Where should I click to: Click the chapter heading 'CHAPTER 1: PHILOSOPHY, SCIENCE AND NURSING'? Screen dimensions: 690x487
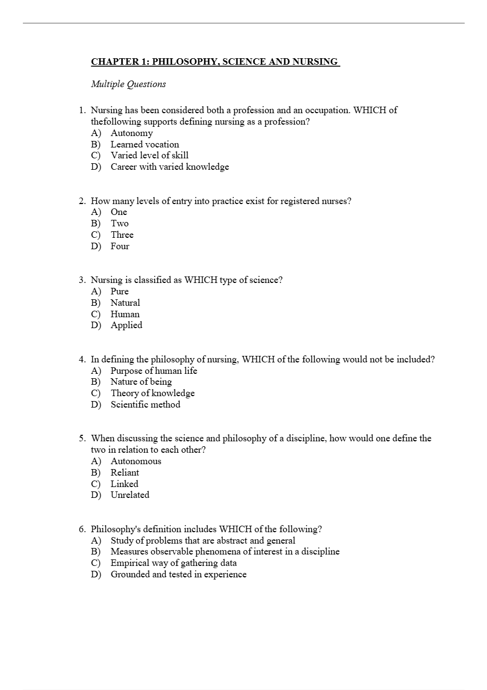pos(215,62)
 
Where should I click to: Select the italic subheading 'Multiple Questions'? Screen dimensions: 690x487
pos(128,84)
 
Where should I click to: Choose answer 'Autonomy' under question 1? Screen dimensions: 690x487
pos(132,133)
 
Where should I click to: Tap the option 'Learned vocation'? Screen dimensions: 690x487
pos(145,145)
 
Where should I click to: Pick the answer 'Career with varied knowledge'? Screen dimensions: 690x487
pos(170,167)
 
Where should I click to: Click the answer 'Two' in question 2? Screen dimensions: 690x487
pos(120,224)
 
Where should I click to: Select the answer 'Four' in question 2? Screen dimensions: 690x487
pos(120,247)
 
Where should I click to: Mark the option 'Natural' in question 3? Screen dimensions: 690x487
pos(125,303)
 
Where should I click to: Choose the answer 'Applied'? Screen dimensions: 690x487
pos(127,325)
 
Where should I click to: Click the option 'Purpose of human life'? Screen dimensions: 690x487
pos(154,371)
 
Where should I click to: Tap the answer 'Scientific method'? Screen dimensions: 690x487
pos(145,405)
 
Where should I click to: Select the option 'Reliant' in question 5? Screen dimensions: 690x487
pos(124,473)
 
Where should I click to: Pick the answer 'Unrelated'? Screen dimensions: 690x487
pos(130,495)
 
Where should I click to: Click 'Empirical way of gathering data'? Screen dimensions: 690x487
pos(173,563)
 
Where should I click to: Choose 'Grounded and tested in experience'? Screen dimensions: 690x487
pos(178,575)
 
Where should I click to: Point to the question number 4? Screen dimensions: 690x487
pos(82,360)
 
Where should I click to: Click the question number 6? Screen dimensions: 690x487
pos(82,529)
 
